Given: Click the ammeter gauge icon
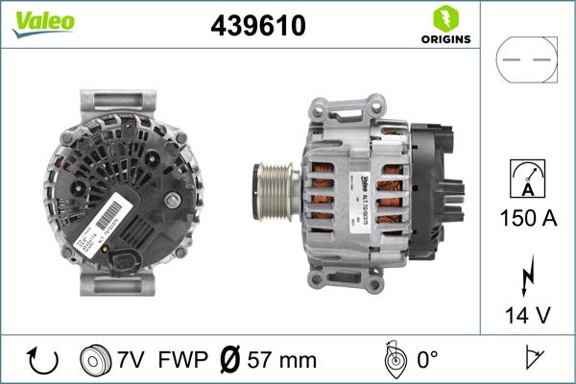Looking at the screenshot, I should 526,178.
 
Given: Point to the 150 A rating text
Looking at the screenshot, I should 526,219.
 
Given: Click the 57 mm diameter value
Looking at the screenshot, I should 282,361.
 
